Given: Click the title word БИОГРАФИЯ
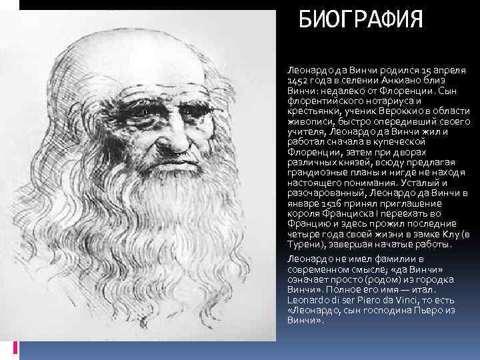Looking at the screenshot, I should pyautogui.click(x=361, y=20).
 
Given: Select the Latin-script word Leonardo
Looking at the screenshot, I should pyautogui.click(x=308, y=300).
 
